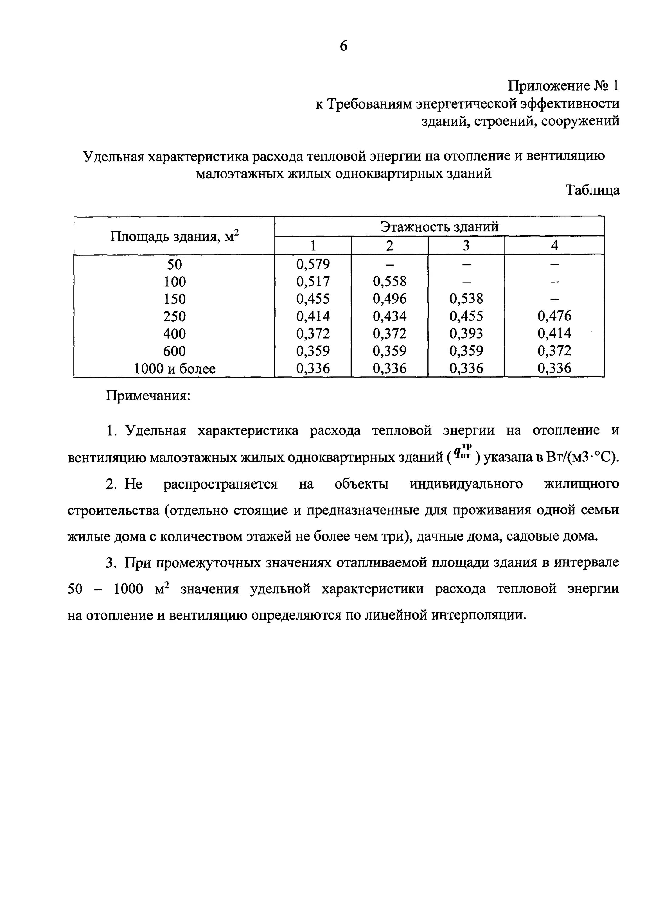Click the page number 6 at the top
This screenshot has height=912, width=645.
(343, 47)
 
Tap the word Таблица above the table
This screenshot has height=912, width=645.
(592, 190)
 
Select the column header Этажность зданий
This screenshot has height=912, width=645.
(439, 227)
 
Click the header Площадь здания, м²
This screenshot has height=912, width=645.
(175, 236)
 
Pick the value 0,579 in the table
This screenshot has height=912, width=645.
(313, 264)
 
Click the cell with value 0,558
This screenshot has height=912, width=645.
(390, 282)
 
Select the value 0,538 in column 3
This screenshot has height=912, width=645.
(466, 299)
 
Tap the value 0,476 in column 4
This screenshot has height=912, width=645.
(554, 316)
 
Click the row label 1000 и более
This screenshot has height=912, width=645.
(175, 369)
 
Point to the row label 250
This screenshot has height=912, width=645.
(175, 316)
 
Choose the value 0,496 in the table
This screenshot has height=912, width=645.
(390, 299)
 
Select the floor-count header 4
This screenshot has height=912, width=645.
(554, 245)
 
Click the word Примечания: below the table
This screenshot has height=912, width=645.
(148, 396)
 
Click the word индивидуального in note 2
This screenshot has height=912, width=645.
(466, 484)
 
